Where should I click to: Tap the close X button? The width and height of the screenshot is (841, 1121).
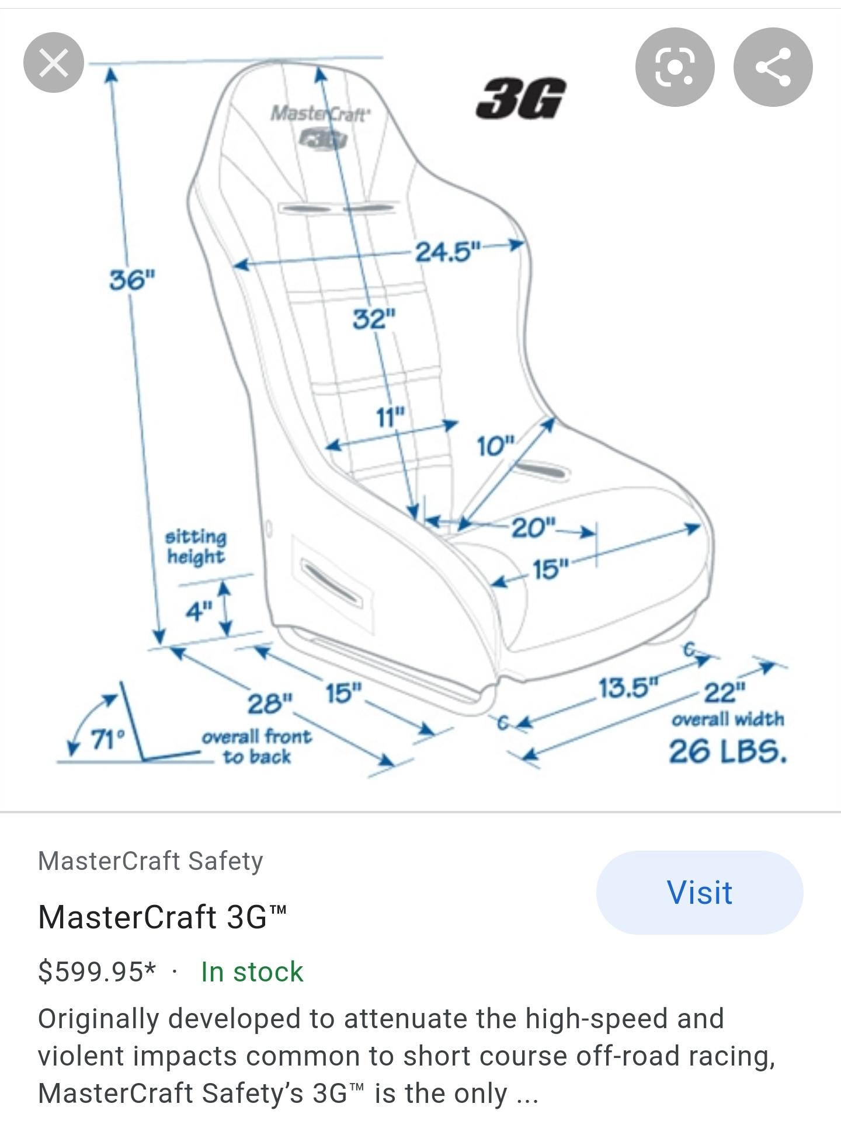point(54,62)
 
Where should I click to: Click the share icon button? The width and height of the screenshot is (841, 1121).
point(773,67)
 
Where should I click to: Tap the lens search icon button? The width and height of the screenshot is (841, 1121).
point(675,67)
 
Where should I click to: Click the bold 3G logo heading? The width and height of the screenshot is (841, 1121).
point(520,99)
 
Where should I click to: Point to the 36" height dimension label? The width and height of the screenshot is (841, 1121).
point(133,280)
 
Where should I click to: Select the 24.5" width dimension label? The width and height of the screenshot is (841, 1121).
point(447,252)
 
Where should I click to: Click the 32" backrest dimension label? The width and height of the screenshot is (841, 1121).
point(374,319)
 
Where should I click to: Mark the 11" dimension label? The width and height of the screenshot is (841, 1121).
point(390,417)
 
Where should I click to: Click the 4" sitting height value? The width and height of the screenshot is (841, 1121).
point(199,611)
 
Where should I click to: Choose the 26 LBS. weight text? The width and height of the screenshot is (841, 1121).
point(728,751)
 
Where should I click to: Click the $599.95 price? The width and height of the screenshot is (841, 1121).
point(97,972)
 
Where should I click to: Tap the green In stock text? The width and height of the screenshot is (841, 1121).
point(252,972)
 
